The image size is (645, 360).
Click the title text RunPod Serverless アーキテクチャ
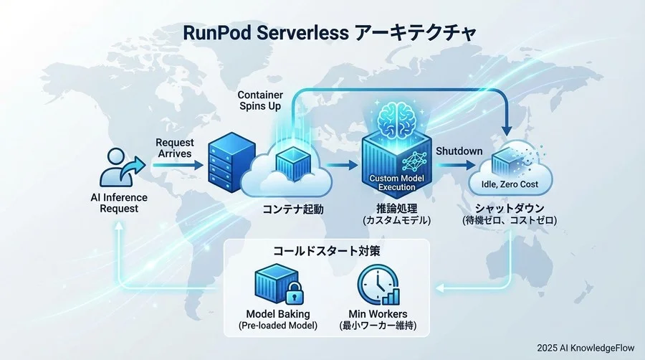click(x=323, y=34)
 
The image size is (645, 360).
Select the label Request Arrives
click(x=174, y=148)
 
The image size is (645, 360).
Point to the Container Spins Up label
click(x=259, y=100)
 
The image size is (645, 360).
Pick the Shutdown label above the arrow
click(x=459, y=151)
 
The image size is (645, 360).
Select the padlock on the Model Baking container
click(x=292, y=294)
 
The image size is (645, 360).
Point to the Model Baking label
click(x=277, y=314)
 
